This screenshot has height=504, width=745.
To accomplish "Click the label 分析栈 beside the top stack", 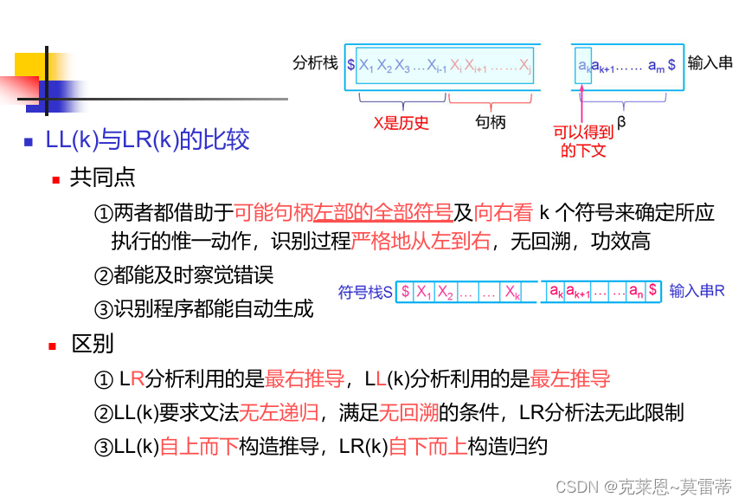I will (x=315, y=63).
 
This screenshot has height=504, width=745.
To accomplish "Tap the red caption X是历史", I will (x=401, y=123).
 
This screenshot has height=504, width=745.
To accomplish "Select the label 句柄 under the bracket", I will (x=491, y=123).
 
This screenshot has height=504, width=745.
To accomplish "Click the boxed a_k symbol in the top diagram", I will (x=583, y=66).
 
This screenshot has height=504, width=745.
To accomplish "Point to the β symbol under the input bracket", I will (x=620, y=123).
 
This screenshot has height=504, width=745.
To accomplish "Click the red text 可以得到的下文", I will (x=583, y=142).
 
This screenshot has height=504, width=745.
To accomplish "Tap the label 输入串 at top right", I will (x=710, y=63).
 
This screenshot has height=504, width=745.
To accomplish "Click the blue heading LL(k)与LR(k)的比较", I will (x=148, y=140).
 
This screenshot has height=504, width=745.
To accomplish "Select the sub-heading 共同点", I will (x=102, y=178).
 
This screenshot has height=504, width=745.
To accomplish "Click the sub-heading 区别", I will (x=93, y=344).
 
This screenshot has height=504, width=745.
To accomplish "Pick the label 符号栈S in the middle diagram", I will (x=365, y=292).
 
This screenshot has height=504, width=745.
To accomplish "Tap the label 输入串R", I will (x=697, y=292).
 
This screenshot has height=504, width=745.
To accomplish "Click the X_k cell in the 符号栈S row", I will (x=512, y=292).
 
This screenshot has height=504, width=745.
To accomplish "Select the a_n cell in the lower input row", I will (x=636, y=292).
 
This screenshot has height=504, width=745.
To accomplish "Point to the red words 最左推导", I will (x=570, y=378).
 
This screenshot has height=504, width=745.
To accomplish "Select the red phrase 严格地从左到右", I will (x=421, y=241).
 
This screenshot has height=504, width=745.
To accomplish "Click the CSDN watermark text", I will (x=643, y=486).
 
